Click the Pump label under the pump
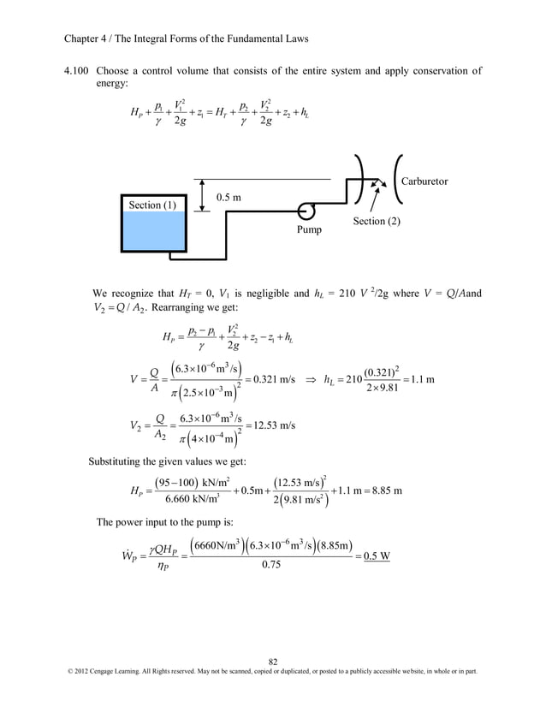pyautogui.click(x=310, y=229)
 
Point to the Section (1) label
pyautogui.click(x=152, y=205)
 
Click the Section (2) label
pyautogui.click(x=377, y=222)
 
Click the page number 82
pyautogui.click(x=273, y=660)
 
